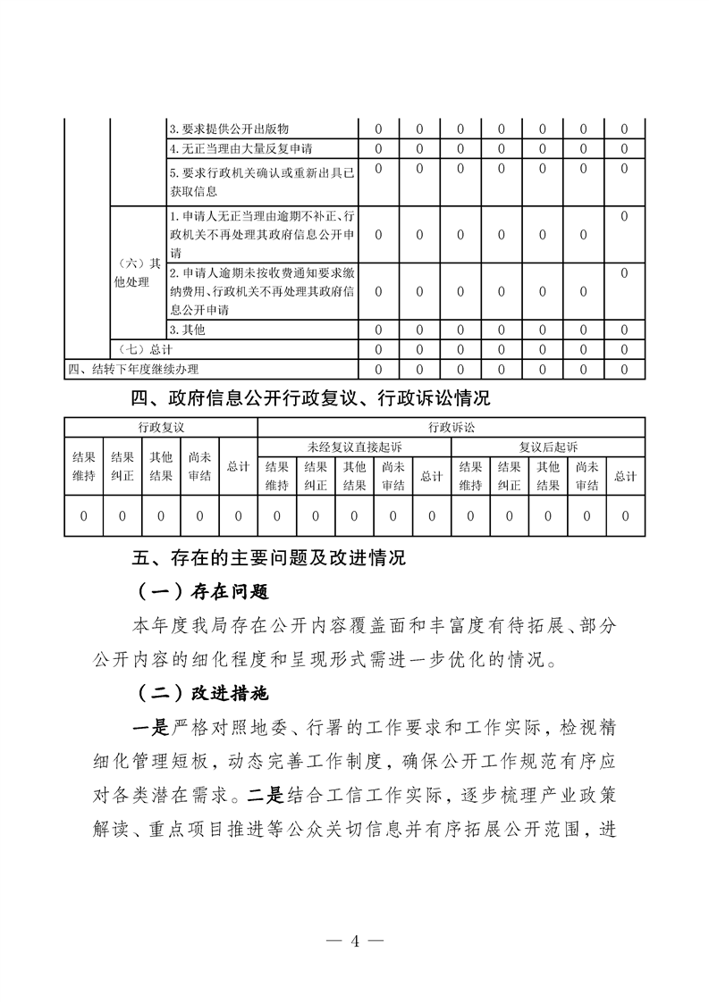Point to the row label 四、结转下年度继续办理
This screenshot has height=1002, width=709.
(x=134, y=368)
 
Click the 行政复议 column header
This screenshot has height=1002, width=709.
(x=161, y=427)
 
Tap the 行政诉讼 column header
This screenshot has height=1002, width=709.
(x=452, y=427)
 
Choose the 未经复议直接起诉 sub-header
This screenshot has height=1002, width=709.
(x=355, y=446)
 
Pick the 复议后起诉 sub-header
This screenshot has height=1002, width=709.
(x=548, y=446)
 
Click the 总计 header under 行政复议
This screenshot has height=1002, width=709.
(x=238, y=465)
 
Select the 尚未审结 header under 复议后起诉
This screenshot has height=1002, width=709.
(x=587, y=475)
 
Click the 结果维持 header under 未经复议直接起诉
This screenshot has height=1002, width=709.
(x=276, y=475)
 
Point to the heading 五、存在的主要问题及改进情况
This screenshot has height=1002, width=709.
(x=269, y=559)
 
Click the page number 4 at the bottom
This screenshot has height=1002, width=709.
(x=355, y=940)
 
